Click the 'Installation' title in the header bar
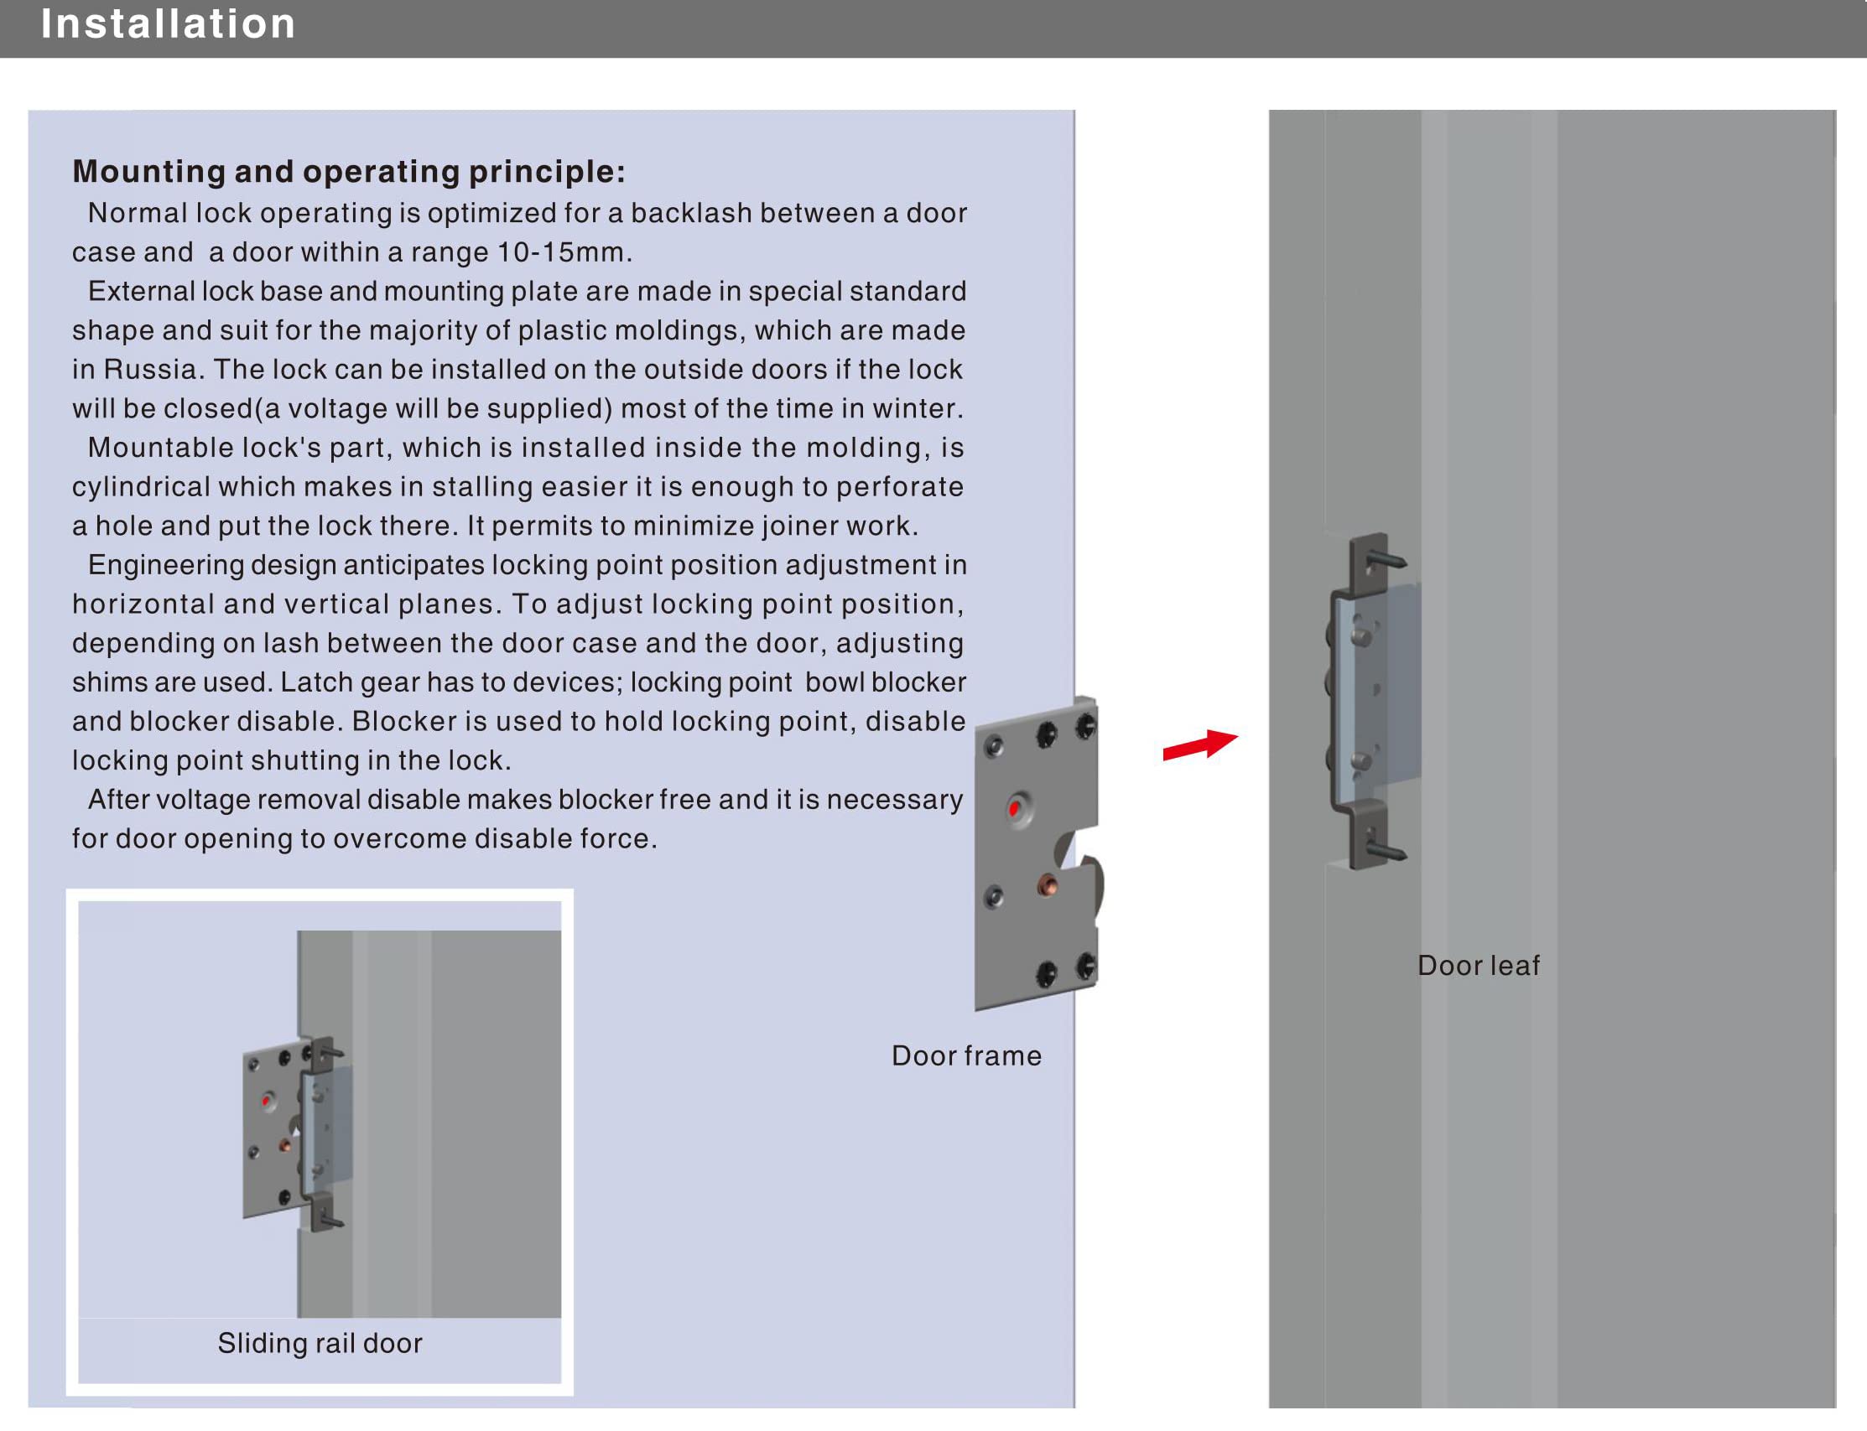point(168,23)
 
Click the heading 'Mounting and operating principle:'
point(349,171)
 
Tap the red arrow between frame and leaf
point(1199,744)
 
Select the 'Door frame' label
point(966,1056)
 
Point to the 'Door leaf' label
point(1479,966)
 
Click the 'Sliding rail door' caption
point(320,1343)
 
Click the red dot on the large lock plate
point(1014,808)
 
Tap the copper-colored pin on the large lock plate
point(1048,887)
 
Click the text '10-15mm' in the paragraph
point(561,252)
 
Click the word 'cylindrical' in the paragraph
point(141,487)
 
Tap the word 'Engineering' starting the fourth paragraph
point(164,565)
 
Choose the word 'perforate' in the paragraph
point(899,487)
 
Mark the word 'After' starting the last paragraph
point(117,800)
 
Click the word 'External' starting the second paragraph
point(142,291)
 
